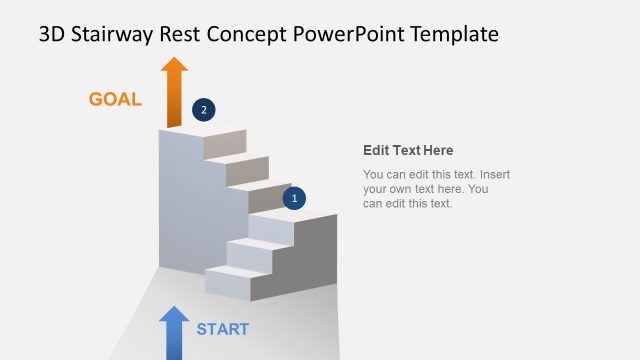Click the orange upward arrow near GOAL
[175, 92]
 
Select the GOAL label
[115, 99]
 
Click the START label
[222, 329]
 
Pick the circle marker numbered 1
[294, 198]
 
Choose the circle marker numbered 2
[203, 110]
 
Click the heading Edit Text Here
[408, 151]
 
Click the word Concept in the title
[251, 35]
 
